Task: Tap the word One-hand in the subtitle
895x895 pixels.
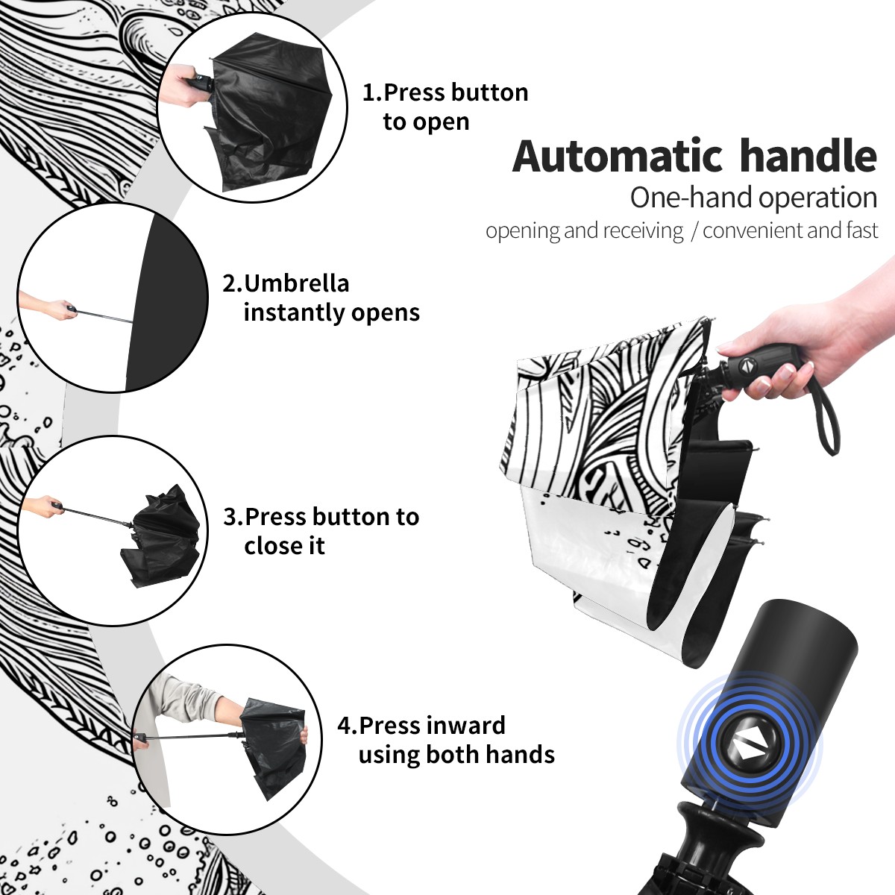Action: click(x=691, y=198)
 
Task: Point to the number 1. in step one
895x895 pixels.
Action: click(x=372, y=92)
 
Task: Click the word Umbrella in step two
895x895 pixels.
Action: click(x=296, y=283)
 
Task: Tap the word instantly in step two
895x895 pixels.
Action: click(x=295, y=312)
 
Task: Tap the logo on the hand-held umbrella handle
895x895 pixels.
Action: click(x=747, y=365)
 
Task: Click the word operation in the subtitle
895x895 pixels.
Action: click(x=818, y=198)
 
